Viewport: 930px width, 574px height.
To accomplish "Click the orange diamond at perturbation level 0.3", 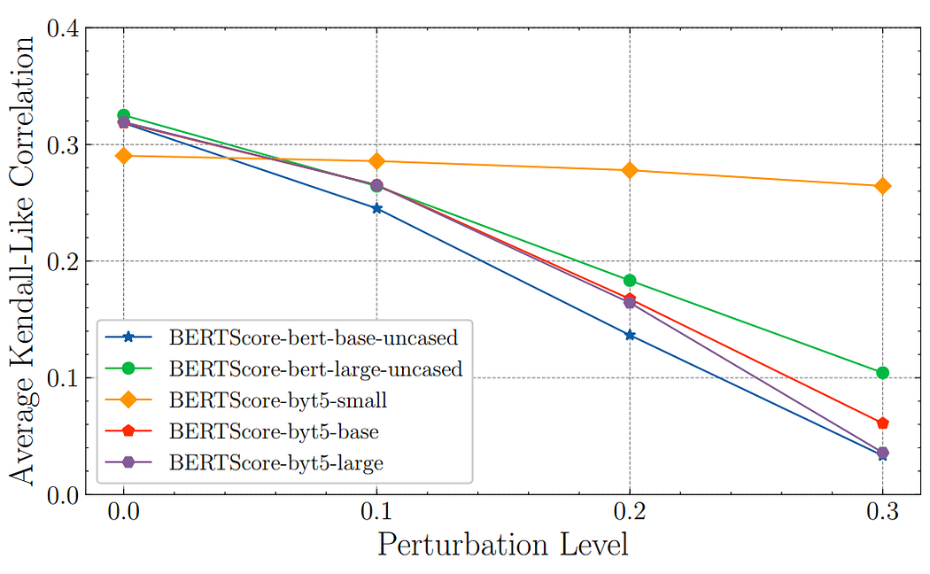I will click(882, 186).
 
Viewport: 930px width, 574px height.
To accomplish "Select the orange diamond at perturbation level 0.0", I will click(123, 156).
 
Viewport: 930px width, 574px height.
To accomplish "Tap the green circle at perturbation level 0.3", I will click(882, 373).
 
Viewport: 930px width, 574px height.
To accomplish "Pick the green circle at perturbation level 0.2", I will click(630, 281).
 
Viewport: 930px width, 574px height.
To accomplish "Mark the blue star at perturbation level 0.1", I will click(376, 209).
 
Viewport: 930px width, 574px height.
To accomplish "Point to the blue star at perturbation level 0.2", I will click(630, 335).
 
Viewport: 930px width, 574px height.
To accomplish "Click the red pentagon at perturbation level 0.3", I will click(882, 423).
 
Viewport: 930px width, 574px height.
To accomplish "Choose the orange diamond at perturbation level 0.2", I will click(630, 170).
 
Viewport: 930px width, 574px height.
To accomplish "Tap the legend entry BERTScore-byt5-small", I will click(278, 400).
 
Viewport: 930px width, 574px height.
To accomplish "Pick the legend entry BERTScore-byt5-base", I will click(274, 431).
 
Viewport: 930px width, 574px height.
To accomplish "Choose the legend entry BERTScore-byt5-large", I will click(277, 463).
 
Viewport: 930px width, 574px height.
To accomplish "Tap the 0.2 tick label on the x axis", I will click(630, 513).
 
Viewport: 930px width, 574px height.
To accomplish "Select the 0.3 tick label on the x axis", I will click(882, 513).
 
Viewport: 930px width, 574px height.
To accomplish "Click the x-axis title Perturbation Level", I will click(502, 545).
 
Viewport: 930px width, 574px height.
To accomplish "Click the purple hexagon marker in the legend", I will click(129, 463).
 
